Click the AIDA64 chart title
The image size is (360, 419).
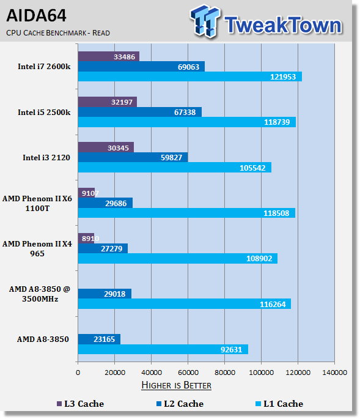point(36,15)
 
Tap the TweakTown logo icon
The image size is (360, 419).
point(205,21)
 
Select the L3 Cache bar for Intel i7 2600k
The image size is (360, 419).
point(109,56)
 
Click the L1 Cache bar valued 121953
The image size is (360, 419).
point(190,76)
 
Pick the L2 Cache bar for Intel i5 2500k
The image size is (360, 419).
point(140,112)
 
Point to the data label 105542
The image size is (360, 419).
point(252,168)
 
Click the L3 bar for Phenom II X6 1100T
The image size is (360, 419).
point(87,193)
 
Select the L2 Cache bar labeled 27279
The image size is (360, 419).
point(103,248)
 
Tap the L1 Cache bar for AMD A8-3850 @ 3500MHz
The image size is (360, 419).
point(185,304)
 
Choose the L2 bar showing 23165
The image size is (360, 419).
point(100,339)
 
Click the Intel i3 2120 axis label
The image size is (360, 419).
point(46,158)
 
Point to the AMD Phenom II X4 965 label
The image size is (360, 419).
point(37,248)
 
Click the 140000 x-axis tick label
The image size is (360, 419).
point(334,373)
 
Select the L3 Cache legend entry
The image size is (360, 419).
point(81,404)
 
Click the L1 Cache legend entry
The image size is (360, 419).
point(279,404)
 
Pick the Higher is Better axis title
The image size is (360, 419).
point(176,385)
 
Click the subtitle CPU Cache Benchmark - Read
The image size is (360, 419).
point(58,33)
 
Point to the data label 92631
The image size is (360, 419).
point(231,349)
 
